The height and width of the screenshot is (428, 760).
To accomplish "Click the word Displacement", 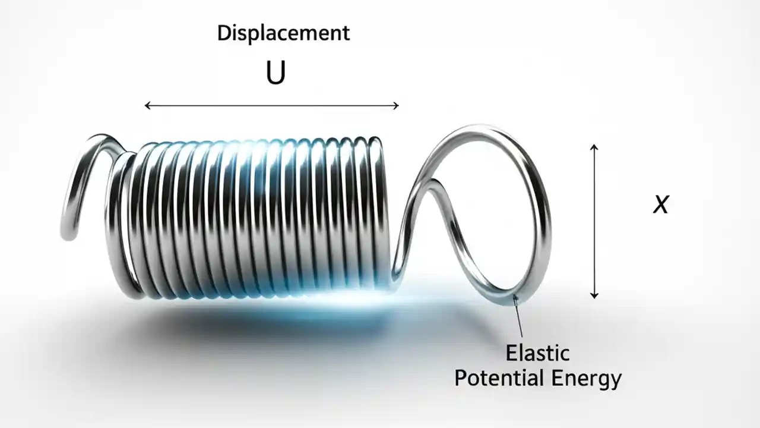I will pos(283,33).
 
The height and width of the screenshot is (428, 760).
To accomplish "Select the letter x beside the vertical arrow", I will pos(660,205).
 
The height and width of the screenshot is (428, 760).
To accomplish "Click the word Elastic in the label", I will pos(537,353).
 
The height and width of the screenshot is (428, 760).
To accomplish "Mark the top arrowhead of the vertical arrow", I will pos(594,147).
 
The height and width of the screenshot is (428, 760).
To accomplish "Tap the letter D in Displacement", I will pos(223,33).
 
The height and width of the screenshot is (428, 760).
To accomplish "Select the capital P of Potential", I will pos(460,378).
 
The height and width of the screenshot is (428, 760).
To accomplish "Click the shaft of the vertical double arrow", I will pos(594,220).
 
